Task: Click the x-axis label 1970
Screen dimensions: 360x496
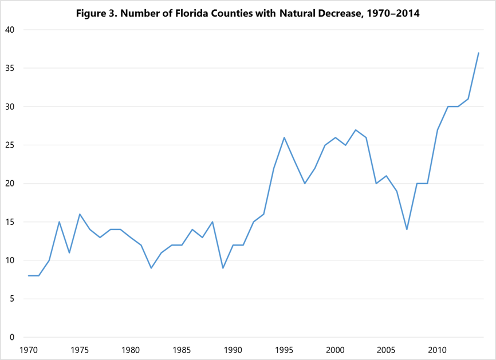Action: (x=29, y=350)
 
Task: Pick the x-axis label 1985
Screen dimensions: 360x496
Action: (x=182, y=350)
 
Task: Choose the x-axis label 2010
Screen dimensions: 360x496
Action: (x=438, y=350)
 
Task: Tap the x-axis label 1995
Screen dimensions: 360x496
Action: (x=284, y=350)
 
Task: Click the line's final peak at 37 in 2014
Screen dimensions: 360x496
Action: (x=478, y=53)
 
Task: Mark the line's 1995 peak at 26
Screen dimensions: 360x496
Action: (x=284, y=137)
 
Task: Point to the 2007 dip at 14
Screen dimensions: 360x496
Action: (x=407, y=230)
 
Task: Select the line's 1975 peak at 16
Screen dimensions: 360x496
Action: (x=80, y=214)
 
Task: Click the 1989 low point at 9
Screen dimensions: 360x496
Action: (x=223, y=268)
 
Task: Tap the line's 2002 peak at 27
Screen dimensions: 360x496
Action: (x=356, y=130)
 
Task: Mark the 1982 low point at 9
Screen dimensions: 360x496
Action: (x=151, y=268)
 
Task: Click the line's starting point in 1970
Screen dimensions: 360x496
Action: (x=29, y=276)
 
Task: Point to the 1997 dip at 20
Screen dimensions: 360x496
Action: (x=305, y=184)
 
